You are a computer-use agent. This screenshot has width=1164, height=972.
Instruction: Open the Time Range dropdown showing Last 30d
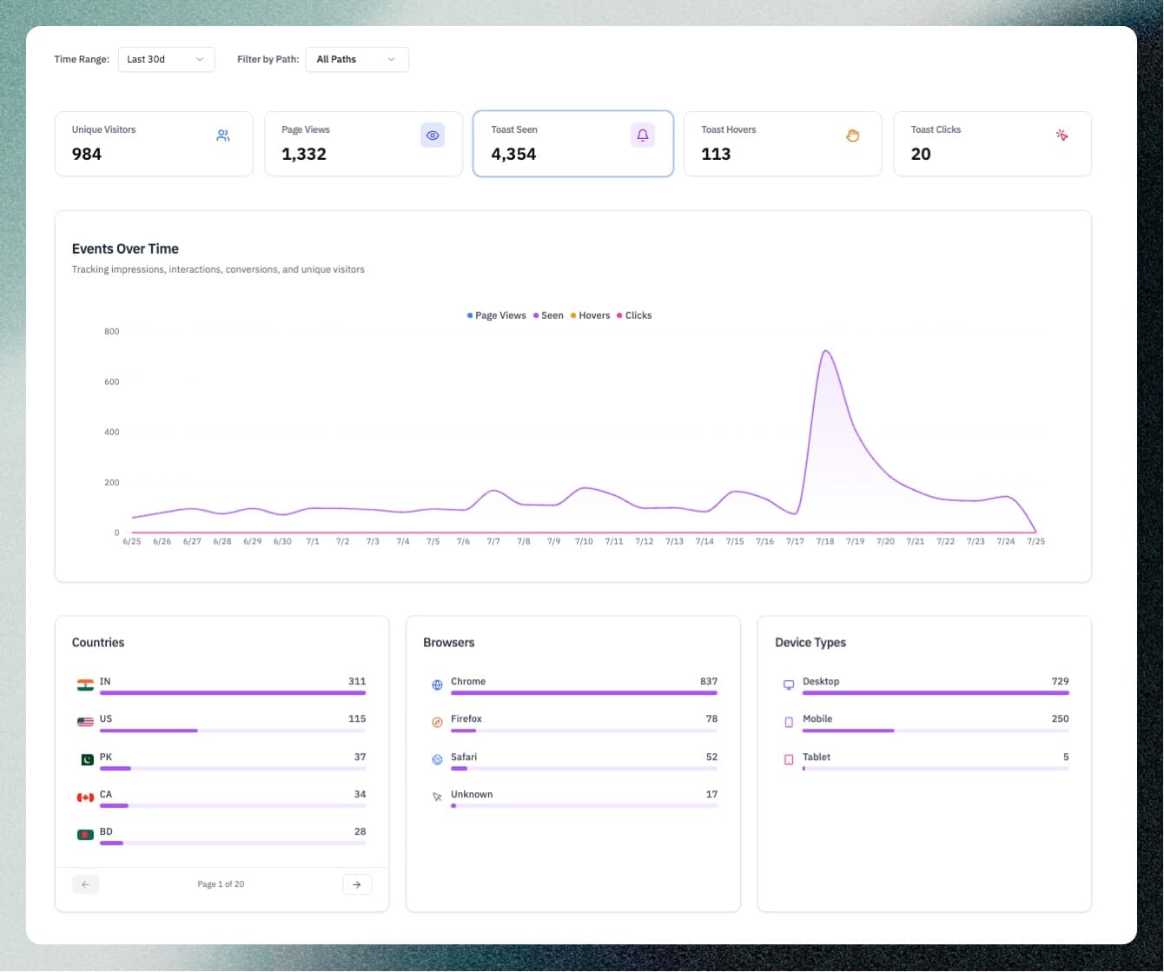166,59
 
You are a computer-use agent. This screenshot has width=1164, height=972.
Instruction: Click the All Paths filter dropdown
356,59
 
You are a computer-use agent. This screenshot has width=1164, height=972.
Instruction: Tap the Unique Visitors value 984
87,154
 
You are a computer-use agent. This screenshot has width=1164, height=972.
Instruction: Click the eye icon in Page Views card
433,136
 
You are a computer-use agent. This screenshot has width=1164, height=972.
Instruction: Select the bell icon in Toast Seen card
643,136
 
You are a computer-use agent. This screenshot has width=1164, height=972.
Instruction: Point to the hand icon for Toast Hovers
852,136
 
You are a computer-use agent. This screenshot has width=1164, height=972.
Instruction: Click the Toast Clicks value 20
921,154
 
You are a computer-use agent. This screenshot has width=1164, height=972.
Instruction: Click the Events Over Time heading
125,248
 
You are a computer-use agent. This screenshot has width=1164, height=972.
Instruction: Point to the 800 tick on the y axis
112,331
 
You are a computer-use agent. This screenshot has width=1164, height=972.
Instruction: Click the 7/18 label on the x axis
825,541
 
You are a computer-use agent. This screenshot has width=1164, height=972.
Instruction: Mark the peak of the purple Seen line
825,351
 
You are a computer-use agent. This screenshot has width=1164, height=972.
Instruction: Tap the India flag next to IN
85,685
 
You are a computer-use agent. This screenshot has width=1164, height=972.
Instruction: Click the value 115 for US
357,718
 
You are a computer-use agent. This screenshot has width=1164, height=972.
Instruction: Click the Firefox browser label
466,718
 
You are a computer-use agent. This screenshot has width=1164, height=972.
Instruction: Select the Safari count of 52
711,757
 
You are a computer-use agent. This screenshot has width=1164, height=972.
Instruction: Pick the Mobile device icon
789,722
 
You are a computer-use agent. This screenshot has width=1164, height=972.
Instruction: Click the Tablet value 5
1066,757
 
